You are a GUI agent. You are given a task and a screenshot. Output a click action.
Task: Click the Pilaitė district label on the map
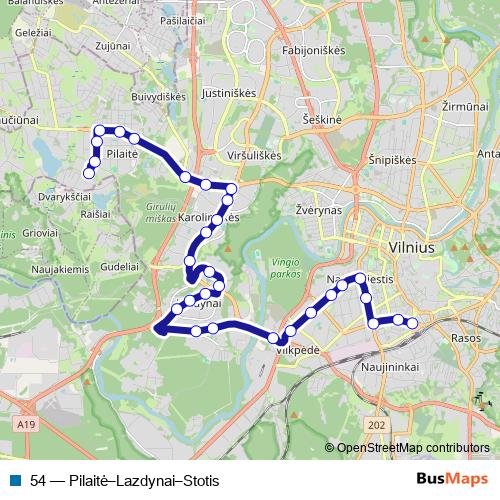121,156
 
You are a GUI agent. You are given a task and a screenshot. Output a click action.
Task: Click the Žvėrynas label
319,211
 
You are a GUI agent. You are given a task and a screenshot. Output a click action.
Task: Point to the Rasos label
466,338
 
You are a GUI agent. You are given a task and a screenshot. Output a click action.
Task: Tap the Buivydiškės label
159,97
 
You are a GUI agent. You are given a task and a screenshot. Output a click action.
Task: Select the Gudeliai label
119,269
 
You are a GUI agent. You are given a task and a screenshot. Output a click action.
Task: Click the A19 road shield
26,425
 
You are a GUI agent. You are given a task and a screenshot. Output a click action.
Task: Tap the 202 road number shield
376,425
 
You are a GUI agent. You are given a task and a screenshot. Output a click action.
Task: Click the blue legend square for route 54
15,480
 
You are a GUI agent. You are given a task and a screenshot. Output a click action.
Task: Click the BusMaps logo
452,479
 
